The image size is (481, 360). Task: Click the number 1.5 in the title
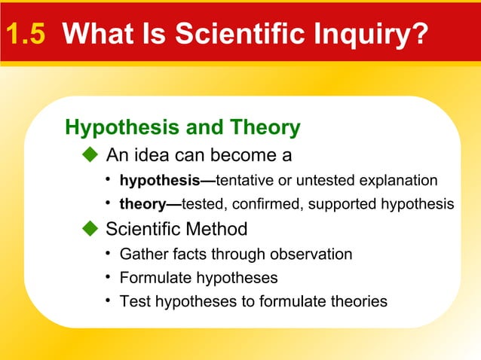(x=25, y=33)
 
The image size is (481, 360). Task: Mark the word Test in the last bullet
(x=133, y=302)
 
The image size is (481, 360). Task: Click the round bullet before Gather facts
(x=109, y=253)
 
